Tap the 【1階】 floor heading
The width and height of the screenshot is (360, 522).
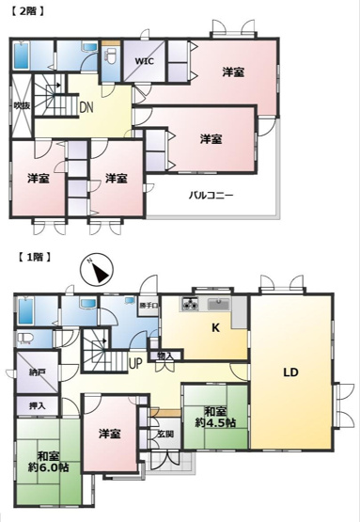click(x=32, y=256)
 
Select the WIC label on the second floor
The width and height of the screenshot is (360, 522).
click(x=144, y=61)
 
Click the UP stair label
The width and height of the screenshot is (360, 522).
click(x=135, y=363)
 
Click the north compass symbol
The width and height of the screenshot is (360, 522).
click(x=97, y=271)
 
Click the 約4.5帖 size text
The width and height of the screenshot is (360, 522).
click(x=215, y=421)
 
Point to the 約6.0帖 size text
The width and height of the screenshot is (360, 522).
click(x=45, y=468)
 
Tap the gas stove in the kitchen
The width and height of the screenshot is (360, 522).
click(x=190, y=304)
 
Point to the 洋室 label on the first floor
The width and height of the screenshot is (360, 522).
click(x=110, y=434)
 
